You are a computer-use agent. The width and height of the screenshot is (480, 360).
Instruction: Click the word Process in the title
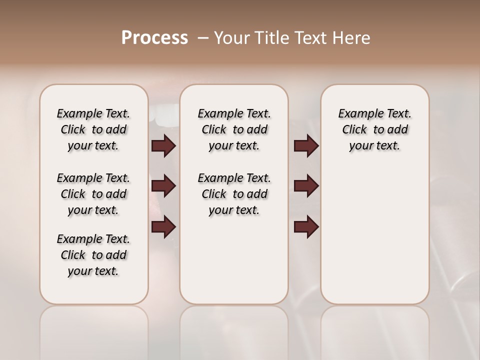[154, 38]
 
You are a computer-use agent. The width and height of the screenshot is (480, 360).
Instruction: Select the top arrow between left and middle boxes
[163, 145]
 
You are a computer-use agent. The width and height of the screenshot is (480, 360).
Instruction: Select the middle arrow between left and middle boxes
[163, 186]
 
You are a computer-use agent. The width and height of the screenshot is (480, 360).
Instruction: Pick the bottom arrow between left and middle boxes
[163, 227]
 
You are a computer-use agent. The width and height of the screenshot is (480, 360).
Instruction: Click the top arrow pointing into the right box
[306, 145]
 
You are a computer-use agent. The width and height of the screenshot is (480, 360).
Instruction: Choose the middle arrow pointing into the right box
[306, 186]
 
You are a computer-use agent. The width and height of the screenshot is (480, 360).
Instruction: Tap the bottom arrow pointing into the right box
[306, 227]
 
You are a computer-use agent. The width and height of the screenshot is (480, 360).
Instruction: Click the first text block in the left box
[93, 129]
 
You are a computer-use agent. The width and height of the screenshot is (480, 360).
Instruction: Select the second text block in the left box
[93, 194]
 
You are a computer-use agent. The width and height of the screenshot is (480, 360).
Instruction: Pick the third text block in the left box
[93, 255]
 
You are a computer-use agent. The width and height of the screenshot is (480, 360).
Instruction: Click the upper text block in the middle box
[234, 129]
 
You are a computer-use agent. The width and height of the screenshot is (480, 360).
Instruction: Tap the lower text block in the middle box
[234, 194]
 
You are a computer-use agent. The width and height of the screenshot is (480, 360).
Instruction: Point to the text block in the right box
[374, 129]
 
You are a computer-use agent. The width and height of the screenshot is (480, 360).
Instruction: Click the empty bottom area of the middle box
[234, 265]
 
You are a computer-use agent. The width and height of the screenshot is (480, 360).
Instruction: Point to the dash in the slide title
[203, 38]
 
